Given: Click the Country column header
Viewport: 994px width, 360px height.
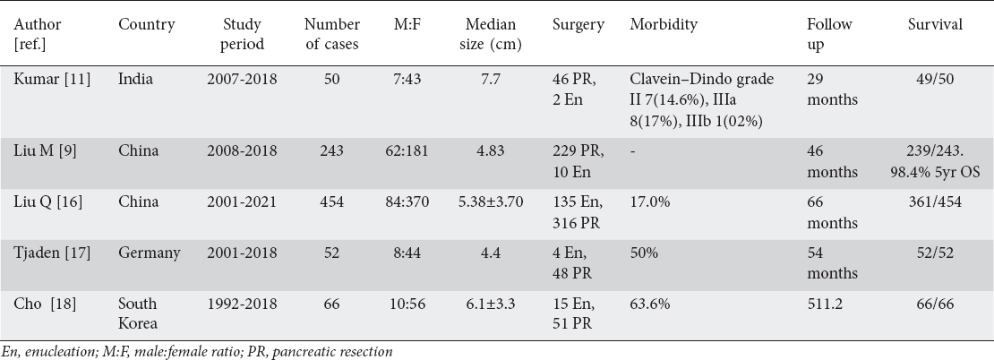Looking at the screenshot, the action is tap(147, 25).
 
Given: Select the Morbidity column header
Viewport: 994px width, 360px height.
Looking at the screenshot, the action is tap(664, 25).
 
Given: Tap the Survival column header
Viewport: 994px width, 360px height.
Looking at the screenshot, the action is tap(935, 25).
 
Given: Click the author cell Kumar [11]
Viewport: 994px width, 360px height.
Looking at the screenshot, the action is tap(52, 80).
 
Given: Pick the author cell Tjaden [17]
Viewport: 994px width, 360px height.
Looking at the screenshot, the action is tap(52, 253).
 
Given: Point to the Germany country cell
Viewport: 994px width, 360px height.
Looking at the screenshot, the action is tap(150, 253).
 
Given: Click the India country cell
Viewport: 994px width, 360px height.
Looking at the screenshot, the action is tap(135, 80).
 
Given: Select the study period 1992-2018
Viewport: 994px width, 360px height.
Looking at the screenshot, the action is tap(242, 304).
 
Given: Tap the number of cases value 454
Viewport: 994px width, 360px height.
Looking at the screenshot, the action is tap(332, 202).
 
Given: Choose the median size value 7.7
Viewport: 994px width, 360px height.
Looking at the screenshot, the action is tap(491, 80).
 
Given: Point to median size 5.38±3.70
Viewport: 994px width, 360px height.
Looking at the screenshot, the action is tap(491, 202).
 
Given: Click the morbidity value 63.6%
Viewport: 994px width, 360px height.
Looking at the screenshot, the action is tap(650, 304).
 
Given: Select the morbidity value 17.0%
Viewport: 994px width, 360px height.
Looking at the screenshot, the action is tap(650, 202).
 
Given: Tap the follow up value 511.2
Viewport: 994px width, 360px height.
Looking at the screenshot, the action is tap(825, 304).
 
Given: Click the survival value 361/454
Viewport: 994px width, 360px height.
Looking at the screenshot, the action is tap(935, 202).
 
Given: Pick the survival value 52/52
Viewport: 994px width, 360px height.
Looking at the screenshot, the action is tap(935, 253).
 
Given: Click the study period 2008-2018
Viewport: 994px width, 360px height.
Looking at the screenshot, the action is tap(242, 151).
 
